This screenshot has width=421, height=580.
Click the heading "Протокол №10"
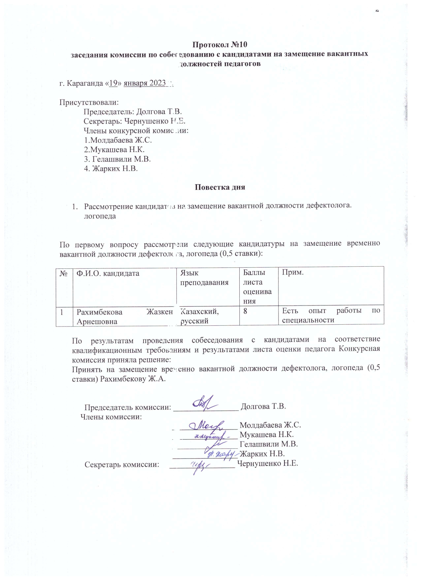[220, 45]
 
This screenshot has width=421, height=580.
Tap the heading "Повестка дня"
[220, 187]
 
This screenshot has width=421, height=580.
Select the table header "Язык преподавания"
[204, 278]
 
